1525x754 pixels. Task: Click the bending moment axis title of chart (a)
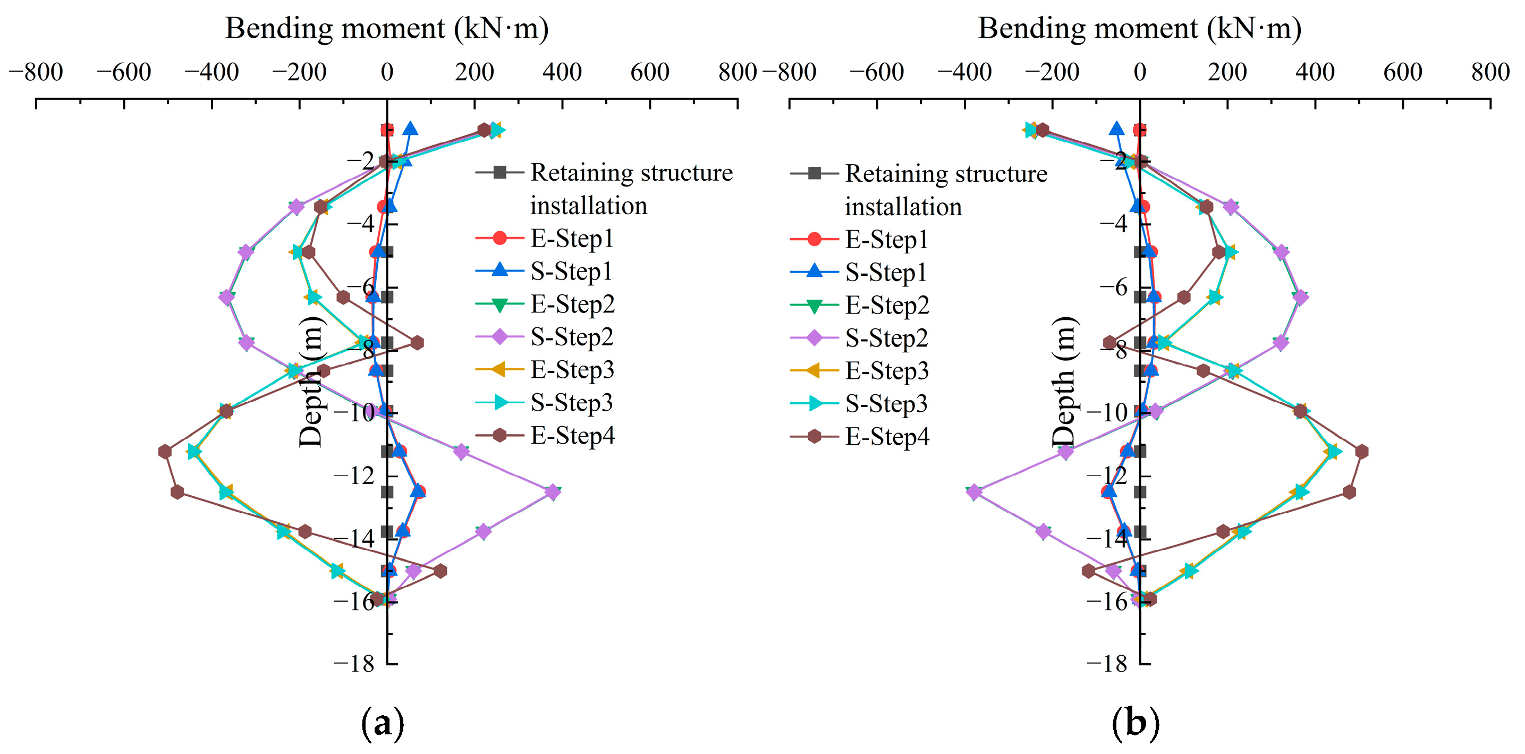click(387, 28)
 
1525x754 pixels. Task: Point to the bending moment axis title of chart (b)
click(1140, 28)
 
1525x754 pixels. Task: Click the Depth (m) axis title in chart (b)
click(1064, 382)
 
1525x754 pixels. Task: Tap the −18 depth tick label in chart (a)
click(354, 664)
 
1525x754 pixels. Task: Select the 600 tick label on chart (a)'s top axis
click(649, 72)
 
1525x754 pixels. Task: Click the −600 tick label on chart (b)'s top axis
click(876, 72)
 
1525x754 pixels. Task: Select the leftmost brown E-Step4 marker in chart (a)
click(165, 452)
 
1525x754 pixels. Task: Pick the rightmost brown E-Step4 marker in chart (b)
click(1361, 452)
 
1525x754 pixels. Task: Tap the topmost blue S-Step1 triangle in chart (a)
click(410, 129)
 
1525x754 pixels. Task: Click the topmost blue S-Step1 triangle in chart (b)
click(1116, 129)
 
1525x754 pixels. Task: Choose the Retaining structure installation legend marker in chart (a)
click(499, 173)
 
